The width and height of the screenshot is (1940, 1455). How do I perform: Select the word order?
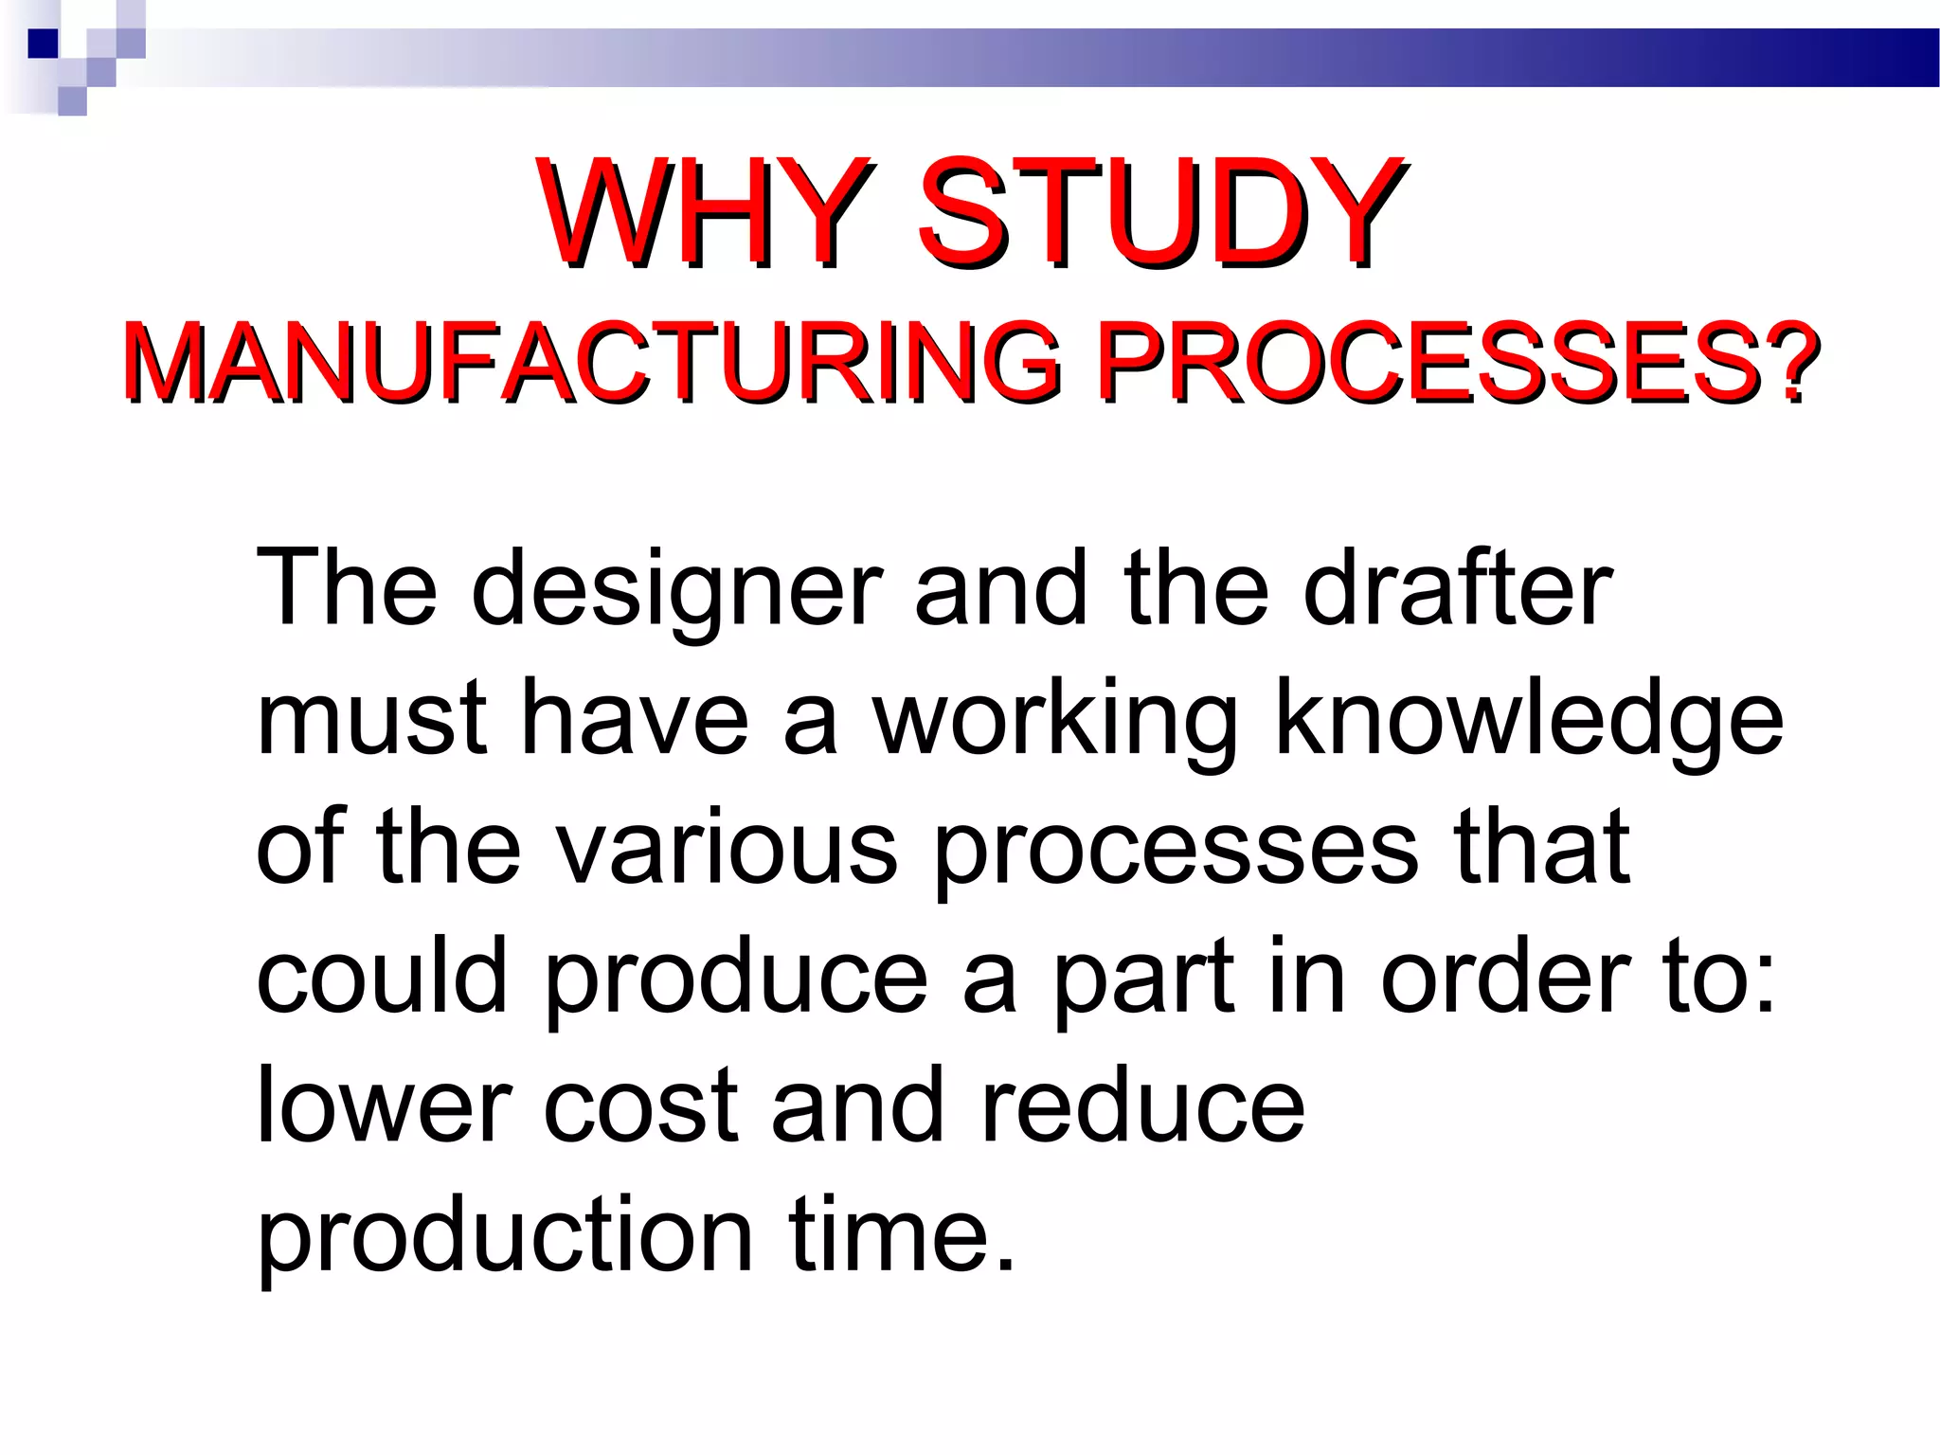click(x=1506, y=976)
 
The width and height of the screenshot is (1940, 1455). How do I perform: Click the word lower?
click(x=385, y=1105)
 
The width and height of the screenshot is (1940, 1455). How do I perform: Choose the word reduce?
click(x=1142, y=1105)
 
